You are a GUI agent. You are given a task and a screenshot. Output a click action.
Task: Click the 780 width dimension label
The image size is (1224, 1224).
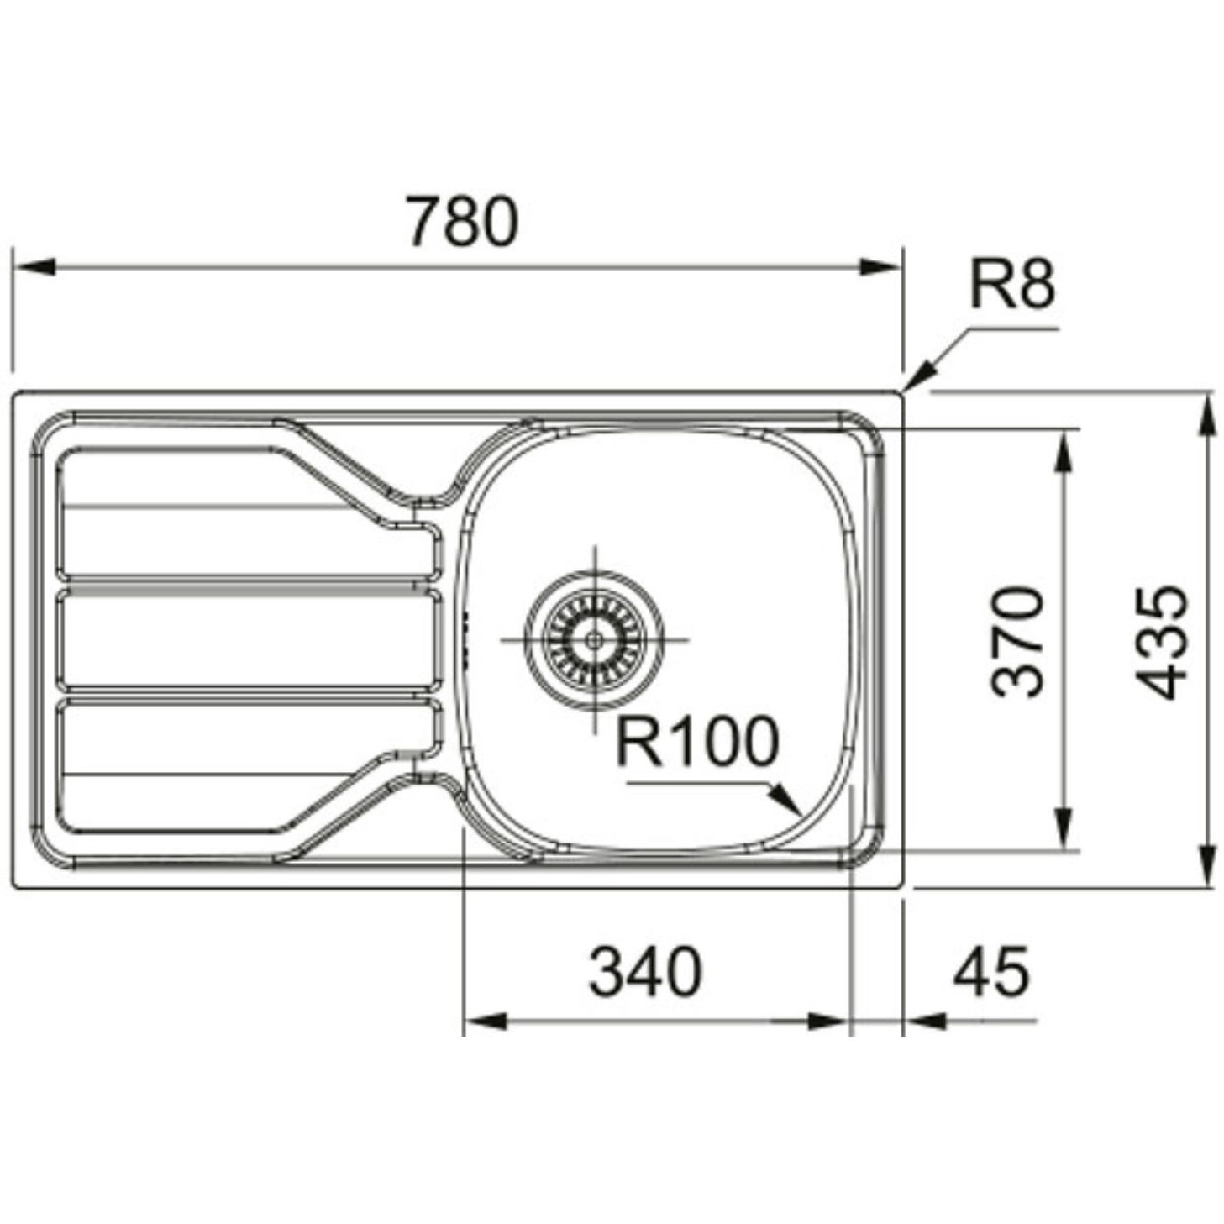pyautogui.click(x=462, y=222)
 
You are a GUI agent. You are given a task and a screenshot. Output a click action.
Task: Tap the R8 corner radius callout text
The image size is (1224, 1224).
pyautogui.click(x=1012, y=286)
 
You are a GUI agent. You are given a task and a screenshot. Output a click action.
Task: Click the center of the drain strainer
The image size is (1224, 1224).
pyautogui.click(x=595, y=639)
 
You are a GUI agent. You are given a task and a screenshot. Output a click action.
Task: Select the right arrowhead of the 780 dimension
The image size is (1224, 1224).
pyautogui.click(x=881, y=267)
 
